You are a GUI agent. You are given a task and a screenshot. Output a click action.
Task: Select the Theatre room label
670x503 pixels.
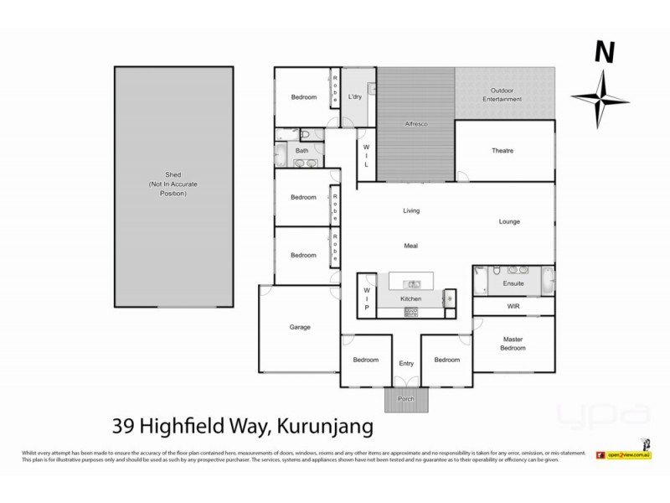pos(502,151)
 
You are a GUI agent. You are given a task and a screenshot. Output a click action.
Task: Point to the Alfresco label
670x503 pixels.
pos(417,124)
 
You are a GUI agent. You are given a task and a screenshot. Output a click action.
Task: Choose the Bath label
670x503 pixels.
pos(302,152)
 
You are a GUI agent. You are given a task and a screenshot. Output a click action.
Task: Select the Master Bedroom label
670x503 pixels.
pos(513,345)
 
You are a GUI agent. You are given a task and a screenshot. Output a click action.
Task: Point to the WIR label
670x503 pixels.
pos(514,307)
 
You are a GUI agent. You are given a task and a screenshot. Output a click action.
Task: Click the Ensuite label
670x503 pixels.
pos(513,284)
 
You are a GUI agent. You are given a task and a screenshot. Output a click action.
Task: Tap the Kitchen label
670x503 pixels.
pos(410,298)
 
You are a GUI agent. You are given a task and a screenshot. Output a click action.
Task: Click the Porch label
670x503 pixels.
pos(406,399)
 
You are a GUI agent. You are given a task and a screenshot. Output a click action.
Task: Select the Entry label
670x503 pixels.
pos(406,363)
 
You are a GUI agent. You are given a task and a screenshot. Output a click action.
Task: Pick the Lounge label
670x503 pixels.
pos(510,222)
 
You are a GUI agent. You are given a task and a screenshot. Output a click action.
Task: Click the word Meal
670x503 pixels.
pos(410,246)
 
